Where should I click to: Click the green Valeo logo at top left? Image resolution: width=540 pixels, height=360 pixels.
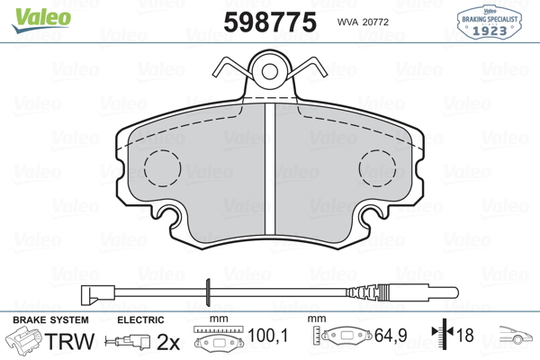coord(41,20)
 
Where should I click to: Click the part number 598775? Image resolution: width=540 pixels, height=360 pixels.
coord(270,22)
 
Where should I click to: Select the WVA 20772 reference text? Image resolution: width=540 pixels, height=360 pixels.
coord(363,22)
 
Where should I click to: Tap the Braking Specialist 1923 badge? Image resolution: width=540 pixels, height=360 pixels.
coord(489,22)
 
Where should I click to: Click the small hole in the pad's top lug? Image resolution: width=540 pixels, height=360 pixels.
coord(270,71)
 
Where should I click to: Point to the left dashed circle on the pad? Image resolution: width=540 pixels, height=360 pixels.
coord(163,168)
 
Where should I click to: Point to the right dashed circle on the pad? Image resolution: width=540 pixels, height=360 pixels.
coord(377,168)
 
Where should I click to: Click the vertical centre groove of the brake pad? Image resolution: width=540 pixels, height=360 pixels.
coord(270,169)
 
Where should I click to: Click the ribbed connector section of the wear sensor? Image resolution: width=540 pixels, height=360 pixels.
coord(368,292)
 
